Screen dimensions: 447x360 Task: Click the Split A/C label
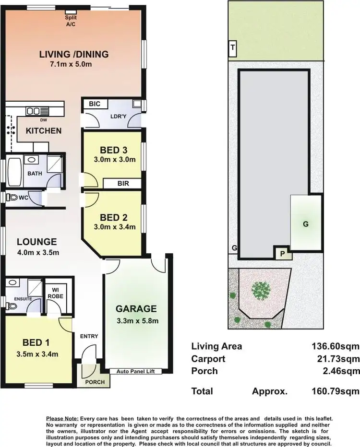[x=70, y=22]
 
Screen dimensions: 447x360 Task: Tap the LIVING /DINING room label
[x=73, y=54]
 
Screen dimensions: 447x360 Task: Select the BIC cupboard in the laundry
[x=94, y=104]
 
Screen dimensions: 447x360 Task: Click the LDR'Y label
[x=117, y=117]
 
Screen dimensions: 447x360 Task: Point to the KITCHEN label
[x=43, y=130]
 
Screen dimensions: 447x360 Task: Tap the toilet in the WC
[x=11, y=197]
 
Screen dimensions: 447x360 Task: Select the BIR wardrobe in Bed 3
[x=123, y=183]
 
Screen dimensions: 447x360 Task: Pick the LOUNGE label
[x=37, y=242]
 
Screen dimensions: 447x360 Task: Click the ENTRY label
[x=89, y=336]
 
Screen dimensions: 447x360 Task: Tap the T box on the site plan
[x=233, y=47]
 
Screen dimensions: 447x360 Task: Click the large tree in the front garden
[x=261, y=289]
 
